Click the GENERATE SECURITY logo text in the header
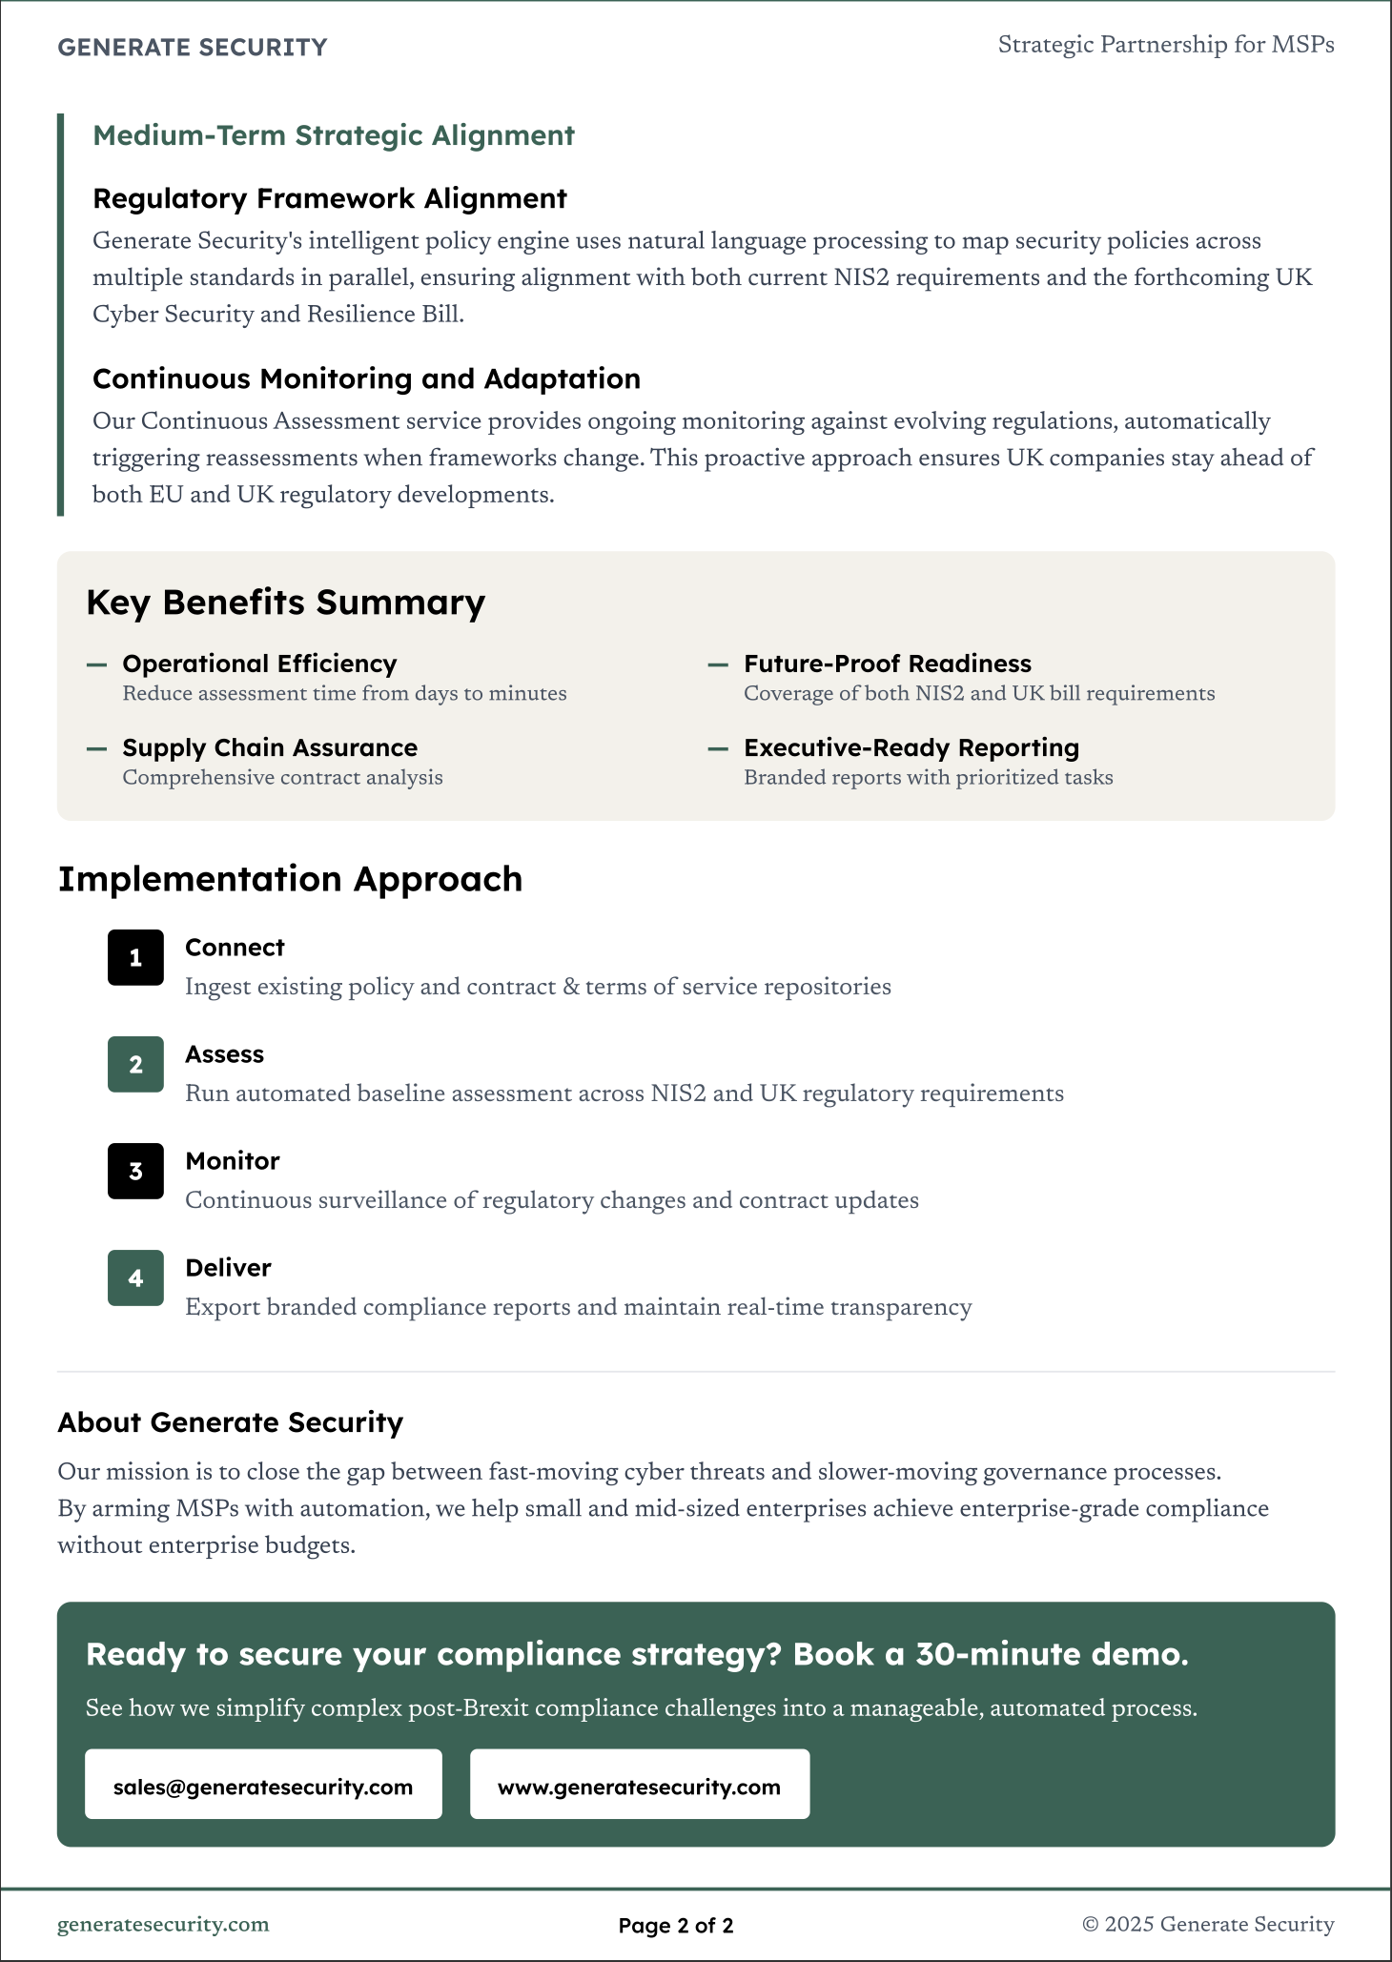[192, 48]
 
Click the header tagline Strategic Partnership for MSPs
[1165, 45]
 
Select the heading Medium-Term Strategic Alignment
[333, 135]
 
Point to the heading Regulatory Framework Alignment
[329, 198]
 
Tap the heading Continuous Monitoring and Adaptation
[366, 378]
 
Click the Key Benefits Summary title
[285, 603]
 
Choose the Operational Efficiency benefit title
[259, 664]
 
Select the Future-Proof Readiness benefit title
[887, 664]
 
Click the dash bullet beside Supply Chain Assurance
[96, 748]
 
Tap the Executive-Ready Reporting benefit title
[911, 747]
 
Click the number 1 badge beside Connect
[135, 957]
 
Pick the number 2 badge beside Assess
[135, 1064]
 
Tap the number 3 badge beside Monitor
[135, 1171]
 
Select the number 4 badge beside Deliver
[135, 1277]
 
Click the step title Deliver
[228, 1268]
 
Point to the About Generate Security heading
[230, 1422]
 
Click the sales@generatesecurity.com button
[263, 1787]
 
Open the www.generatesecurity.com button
[639, 1787]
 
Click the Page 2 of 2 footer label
[676, 1925]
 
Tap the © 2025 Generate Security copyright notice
[1208, 1924]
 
